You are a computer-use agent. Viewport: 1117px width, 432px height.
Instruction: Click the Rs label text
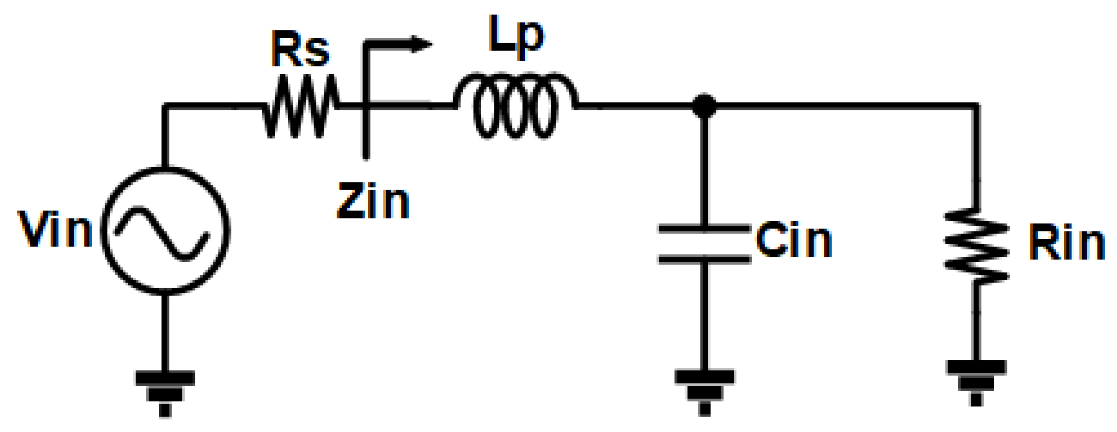click(x=300, y=49)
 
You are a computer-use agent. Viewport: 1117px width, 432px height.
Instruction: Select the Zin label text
click(x=373, y=201)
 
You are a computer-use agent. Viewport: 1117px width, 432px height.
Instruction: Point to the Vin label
click(x=55, y=229)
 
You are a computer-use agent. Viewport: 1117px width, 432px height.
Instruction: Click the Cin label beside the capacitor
click(x=794, y=239)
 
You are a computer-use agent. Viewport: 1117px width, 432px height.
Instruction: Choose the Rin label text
click(x=1066, y=242)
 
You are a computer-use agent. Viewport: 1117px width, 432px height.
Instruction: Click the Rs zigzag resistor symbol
click(x=301, y=106)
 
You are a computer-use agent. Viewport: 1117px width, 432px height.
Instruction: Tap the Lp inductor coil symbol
click(x=515, y=106)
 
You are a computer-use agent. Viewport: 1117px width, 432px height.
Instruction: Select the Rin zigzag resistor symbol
click(x=976, y=247)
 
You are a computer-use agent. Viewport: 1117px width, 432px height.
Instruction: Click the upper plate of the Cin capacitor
click(x=704, y=229)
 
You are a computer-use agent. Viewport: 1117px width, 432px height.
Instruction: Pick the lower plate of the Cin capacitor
click(x=704, y=260)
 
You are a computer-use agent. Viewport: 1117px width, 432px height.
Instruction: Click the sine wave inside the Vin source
click(x=162, y=234)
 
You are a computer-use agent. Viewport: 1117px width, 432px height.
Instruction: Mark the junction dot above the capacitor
click(x=704, y=106)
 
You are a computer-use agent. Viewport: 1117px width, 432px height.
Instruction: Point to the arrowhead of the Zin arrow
click(x=421, y=44)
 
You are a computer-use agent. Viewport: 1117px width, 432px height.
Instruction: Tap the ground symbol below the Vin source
click(x=165, y=392)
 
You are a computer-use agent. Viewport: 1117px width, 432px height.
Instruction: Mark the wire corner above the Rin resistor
click(x=976, y=106)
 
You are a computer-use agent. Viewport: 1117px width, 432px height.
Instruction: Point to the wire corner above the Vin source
click(x=165, y=106)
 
